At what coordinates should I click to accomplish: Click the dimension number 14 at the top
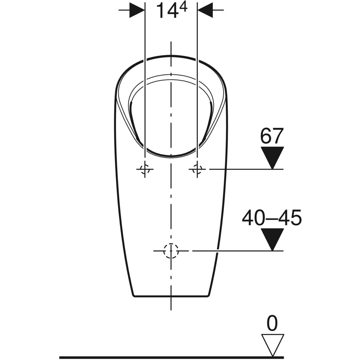point(166,11)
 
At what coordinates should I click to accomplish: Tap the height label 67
point(272,136)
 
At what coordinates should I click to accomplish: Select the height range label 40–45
point(272,218)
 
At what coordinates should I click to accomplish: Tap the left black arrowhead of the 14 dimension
point(137,10)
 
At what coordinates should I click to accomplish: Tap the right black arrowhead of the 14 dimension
point(205,10)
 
